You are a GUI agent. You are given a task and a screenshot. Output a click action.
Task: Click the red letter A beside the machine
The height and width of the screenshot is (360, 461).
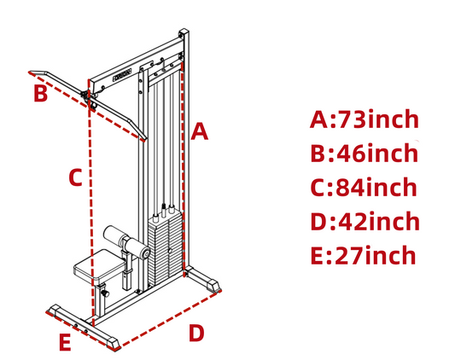(x=199, y=131)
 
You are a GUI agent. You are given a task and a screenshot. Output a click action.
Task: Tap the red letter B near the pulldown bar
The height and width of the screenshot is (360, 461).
(x=41, y=93)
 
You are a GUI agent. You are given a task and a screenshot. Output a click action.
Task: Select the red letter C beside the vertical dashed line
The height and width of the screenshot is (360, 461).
(x=75, y=177)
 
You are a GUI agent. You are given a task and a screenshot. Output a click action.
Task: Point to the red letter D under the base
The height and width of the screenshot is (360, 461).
(x=196, y=333)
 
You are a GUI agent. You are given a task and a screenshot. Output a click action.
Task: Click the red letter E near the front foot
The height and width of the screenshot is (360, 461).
(x=65, y=342)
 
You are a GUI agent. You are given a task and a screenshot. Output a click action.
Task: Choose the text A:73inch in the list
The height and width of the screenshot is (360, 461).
(x=365, y=119)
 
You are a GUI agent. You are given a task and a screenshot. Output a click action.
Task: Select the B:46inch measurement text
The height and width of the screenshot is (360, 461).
(x=365, y=153)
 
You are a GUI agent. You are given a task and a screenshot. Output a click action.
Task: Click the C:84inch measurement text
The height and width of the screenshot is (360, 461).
(x=364, y=187)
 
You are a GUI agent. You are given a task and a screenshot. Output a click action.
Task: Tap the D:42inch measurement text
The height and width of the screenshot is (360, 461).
(x=365, y=221)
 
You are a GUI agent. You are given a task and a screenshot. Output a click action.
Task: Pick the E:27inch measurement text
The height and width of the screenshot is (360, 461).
(x=363, y=255)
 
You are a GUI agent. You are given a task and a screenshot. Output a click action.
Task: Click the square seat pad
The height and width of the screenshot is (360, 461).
(x=99, y=264)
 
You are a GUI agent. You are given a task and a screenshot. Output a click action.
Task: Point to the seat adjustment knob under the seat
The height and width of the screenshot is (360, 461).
(x=105, y=293)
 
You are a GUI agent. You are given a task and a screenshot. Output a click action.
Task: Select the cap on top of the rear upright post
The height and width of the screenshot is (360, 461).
(x=184, y=32)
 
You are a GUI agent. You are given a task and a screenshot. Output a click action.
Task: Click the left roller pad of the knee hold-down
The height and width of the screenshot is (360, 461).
(x=114, y=236)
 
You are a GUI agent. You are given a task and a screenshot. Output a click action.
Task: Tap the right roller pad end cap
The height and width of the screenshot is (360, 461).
(x=144, y=253)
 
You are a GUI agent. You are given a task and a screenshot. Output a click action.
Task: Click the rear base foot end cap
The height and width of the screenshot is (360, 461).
(x=214, y=285)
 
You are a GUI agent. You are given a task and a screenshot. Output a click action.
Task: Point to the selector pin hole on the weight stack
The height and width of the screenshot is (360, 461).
(x=169, y=251)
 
